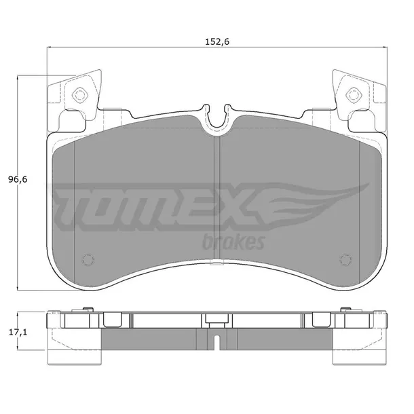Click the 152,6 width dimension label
[217, 41]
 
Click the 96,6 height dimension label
[18, 180]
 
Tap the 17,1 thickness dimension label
[18, 333]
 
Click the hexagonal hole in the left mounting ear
[80, 94]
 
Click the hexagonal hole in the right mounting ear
[354, 94]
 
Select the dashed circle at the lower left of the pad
[88, 260]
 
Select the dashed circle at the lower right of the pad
[345, 260]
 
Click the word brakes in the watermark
[233, 242]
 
